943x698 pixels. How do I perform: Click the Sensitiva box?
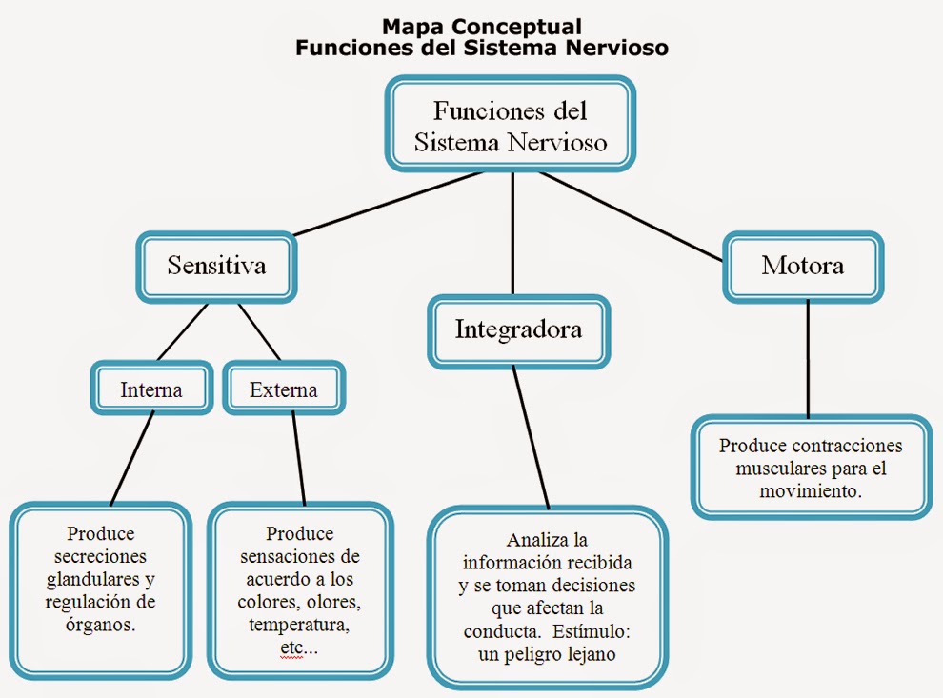[x=216, y=265]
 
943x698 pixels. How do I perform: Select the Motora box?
[x=802, y=265]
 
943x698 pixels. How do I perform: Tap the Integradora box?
[x=518, y=330]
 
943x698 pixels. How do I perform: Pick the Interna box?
[x=150, y=389]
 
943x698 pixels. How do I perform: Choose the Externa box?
[x=283, y=389]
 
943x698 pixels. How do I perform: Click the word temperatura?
[x=298, y=625]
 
